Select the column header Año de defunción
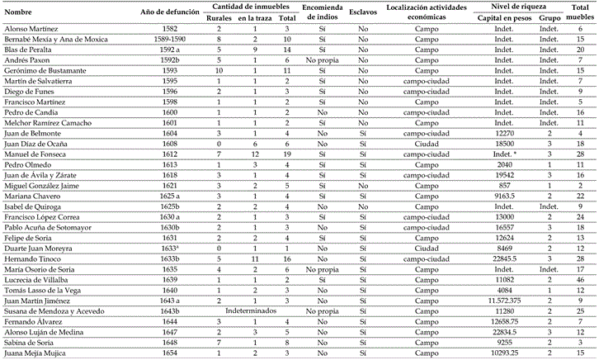tap(170, 12)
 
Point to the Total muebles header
tap(581, 12)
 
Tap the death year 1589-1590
tap(170, 39)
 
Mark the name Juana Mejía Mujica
tap(36, 353)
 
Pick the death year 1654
tap(170, 353)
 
